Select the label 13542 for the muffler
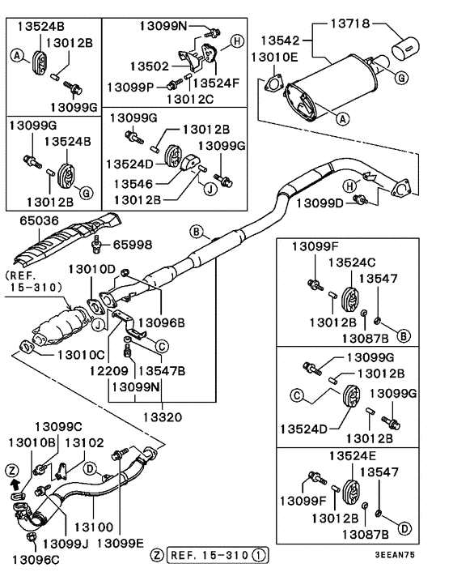click(280, 39)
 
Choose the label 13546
click(134, 183)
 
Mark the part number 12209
click(110, 370)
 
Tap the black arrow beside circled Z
click(13, 484)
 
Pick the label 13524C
click(352, 263)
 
